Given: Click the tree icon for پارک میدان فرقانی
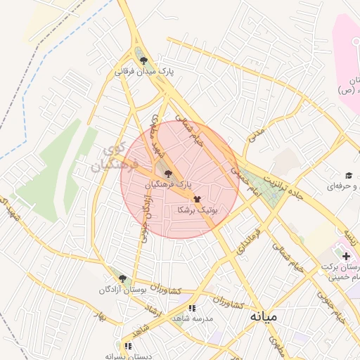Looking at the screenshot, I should pyautogui.click(x=144, y=61).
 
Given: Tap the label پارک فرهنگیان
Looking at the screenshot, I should pyautogui.click(x=168, y=184).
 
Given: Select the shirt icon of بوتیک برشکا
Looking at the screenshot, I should pyautogui.click(x=196, y=199).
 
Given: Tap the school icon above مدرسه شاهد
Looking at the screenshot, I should pyautogui.click(x=192, y=308).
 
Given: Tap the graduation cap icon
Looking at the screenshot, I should pyautogui.click(x=348, y=175).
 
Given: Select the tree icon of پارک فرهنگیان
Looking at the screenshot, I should pyautogui.click(x=167, y=172).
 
